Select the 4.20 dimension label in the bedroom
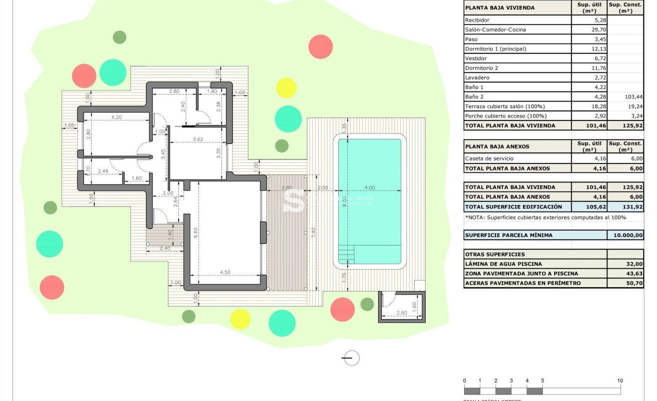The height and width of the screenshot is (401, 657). [x=116, y=117]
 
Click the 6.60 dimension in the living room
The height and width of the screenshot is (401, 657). [x=196, y=232]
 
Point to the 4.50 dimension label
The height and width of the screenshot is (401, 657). [x=225, y=272]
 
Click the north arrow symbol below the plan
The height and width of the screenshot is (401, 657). [x=351, y=358]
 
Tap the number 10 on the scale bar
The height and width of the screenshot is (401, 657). [x=620, y=380]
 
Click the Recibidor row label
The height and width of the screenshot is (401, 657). [x=477, y=20]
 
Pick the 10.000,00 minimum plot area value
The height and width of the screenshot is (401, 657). [x=626, y=235]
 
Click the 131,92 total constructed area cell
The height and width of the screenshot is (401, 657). [x=626, y=206]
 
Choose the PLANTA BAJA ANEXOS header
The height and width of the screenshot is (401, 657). [x=497, y=146]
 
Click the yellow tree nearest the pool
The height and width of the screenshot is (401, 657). [x=286, y=88]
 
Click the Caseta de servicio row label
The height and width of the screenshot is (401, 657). [x=489, y=158]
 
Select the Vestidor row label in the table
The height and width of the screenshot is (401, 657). [x=476, y=58]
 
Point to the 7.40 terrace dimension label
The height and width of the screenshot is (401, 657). [x=313, y=233]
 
